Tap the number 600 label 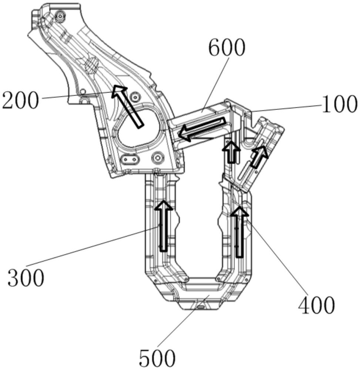coord(226,48)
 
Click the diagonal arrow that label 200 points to coord(128,106)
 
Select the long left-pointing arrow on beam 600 coord(202,128)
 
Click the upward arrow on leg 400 coord(240,231)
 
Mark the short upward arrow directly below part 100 coord(231,151)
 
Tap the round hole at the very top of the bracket coord(59,15)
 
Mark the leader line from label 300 coord(92,246)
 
